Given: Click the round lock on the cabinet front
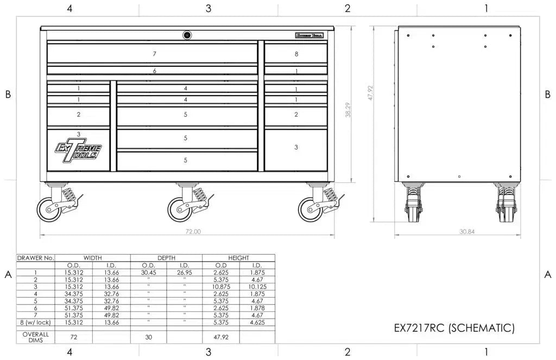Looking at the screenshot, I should coord(187,35).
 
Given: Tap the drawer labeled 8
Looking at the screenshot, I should coord(296,54).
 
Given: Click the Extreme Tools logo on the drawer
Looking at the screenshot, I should coord(78,149).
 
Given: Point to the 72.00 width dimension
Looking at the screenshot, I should coord(194,232).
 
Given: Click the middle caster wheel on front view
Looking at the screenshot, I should coord(179,209).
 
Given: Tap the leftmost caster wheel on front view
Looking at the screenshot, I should coord(49,209).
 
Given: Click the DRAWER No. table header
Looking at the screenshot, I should coord(36,258).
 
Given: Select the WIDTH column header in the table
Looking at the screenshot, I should coord(93,258).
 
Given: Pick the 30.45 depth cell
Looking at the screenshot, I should coord(148,273).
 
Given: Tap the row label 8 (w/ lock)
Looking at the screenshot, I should coord(36,323).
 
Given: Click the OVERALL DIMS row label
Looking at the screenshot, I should coord(36,337).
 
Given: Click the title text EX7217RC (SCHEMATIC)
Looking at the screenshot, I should coord(454,328).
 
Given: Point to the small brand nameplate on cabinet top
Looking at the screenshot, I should coord(310,35).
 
